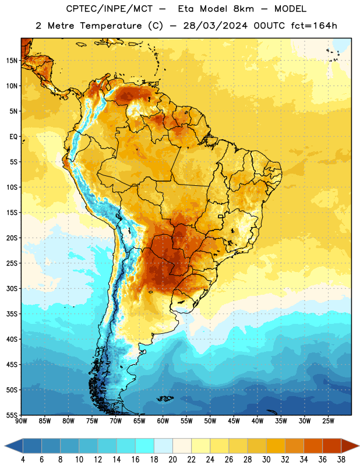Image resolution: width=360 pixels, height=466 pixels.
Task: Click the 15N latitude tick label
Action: point(12,61)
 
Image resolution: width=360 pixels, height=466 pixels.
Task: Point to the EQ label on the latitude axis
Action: point(13,137)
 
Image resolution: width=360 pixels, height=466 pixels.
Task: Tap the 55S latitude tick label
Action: point(12,415)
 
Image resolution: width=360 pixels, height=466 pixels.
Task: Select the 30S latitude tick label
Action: point(12,288)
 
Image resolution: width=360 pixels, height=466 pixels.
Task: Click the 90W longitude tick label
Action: point(21,421)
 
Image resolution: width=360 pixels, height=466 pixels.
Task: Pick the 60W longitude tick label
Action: point(163,421)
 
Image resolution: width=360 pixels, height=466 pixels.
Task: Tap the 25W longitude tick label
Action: point(328,421)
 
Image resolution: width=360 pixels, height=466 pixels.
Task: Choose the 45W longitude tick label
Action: point(234,421)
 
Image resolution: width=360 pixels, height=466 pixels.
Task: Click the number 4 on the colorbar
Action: point(23,460)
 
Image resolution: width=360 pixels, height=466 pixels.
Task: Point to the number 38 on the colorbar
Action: point(341,460)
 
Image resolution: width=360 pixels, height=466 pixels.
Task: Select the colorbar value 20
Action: point(172,460)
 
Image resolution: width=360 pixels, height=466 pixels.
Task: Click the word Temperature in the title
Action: point(111,26)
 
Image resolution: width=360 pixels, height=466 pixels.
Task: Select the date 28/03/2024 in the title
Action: point(215,26)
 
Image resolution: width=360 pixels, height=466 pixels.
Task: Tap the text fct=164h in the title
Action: point(314,26)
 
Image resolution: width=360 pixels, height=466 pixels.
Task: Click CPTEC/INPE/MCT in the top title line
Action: point(109,9)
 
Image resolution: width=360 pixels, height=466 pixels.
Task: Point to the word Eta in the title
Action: point(186,9)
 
